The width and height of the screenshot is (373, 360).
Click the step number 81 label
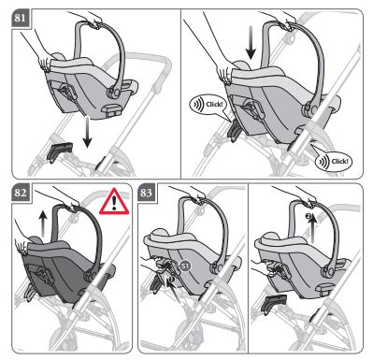[x=20, y=18]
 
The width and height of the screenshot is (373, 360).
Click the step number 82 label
[x=20, y=193]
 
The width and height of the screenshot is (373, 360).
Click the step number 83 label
[x=146, y=193]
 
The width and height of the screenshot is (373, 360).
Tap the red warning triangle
[x=114, y=202]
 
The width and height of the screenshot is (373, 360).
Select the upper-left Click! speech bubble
[x=208, y=104]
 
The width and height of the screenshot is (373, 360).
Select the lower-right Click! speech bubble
[x=333, y=162]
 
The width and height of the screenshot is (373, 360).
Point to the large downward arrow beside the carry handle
[x=250, y=43]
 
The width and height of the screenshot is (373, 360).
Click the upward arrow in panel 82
[x=42, y=223]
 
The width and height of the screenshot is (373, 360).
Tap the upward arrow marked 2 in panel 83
[x=312, y=228]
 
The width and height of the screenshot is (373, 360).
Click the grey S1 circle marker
[x=185, y=266]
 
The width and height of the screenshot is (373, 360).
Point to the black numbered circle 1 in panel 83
[x=168, y=280]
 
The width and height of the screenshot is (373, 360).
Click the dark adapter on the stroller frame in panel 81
[x=59, y=151]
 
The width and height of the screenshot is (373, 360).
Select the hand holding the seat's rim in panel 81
[x=44, y=64]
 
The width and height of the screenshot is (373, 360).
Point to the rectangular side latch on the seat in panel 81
[x=112, y=111]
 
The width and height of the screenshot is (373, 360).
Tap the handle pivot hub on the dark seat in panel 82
[x=92, y=276]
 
